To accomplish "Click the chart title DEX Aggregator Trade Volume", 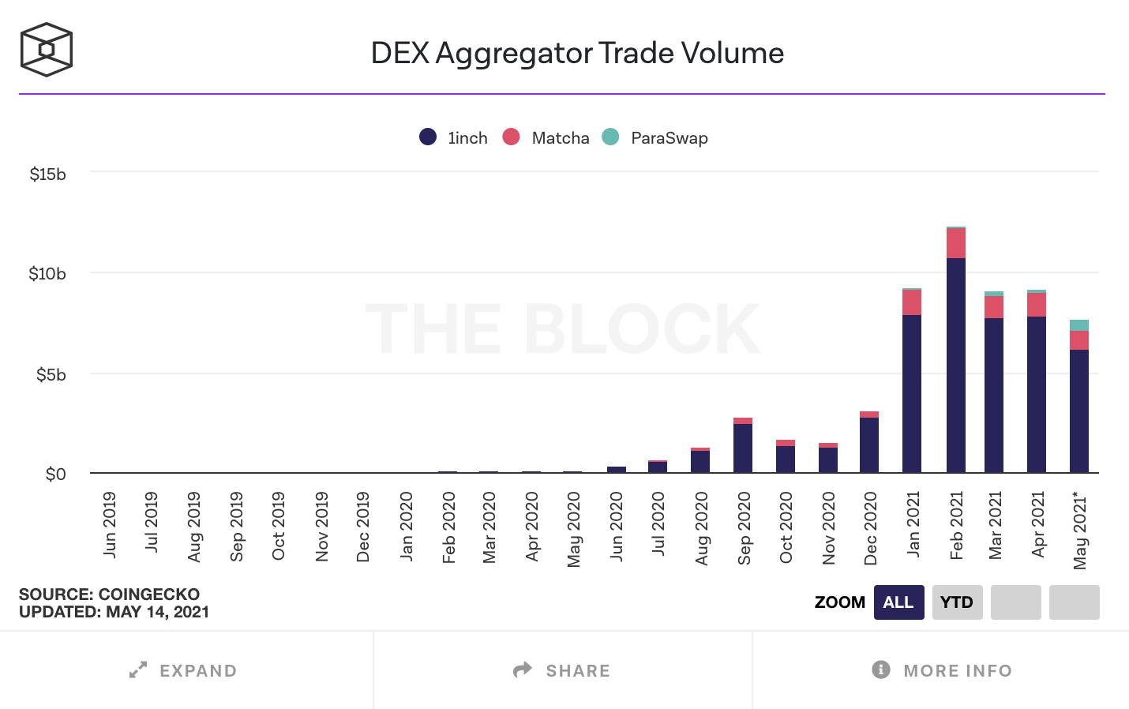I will (577, 53).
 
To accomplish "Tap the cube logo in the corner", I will (47, 50).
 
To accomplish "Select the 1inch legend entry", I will (455, 137).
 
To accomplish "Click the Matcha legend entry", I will (546, 137).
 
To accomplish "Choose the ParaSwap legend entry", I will (655, 137).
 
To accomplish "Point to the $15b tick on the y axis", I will (47, 174).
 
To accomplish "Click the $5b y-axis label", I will (51, 374).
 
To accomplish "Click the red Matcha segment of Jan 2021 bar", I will (912, 302).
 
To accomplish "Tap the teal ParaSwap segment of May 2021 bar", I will (1079, 325).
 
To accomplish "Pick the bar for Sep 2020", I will (743, 446).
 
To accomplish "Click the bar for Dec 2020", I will (869, 444).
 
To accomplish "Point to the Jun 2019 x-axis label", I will (110, 524).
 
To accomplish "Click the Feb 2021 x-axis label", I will (956, 525).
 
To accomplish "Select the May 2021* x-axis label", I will (1080, 531).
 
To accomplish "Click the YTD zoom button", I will (957, 602).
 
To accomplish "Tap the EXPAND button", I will (183, 670).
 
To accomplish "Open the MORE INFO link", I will (942, 670).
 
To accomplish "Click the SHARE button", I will (561, 670).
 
